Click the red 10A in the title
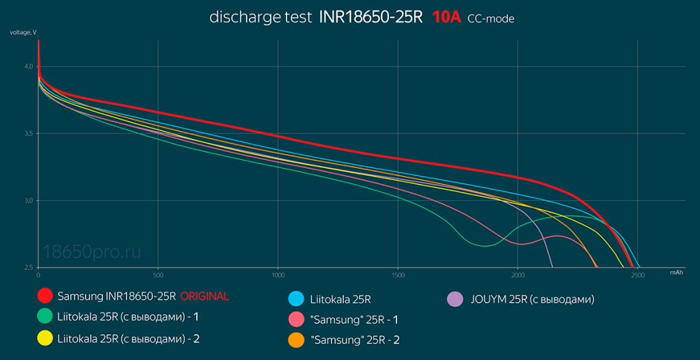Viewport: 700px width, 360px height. click(x=446, y=17)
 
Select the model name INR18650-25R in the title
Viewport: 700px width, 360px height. click(x=371, y=17)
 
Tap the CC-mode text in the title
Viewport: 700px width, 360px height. click(x=491, y=19)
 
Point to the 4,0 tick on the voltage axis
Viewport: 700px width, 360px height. click(x=29, y=66)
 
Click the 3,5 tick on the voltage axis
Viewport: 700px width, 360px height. click(x=29, y=133)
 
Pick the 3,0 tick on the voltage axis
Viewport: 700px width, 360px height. click(x=29, y=200)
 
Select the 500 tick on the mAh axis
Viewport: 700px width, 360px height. click(x=158, y=275)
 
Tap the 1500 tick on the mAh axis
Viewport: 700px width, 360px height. click(x=398, y=275)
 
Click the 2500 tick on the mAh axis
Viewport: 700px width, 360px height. click(x=638, y=275)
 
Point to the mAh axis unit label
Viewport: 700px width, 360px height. click(x=676, y=272)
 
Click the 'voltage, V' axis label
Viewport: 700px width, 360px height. click(x=23, y=33)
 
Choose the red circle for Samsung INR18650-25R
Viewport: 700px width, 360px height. click(x=45, y=296)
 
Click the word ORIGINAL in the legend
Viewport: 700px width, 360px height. click(x=204, y=296)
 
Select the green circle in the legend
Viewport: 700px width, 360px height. click(x=45, y=317)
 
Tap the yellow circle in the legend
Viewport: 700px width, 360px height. click(x=45, y=337)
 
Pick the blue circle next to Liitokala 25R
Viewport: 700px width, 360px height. click(x=296, y=299)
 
